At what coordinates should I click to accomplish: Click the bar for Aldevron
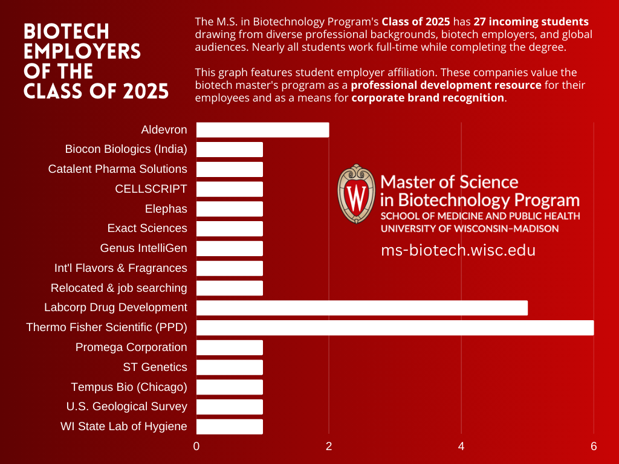[262, 129]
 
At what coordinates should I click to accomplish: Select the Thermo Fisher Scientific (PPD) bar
[395, 327]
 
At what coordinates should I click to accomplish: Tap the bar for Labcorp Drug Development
[361, 308]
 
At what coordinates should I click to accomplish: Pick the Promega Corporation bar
[230, 347]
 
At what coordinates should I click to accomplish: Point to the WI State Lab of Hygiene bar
[230, 427]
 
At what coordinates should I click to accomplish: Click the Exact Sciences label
[147, 228]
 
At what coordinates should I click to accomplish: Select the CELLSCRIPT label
[151, 189]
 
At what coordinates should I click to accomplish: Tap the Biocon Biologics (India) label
[126, 149]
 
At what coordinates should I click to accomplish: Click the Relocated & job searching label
[118, 288]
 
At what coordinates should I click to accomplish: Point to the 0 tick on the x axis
[196, 446]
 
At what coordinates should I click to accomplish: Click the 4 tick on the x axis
[461, 446]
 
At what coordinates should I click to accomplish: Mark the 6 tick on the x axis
[594, 446]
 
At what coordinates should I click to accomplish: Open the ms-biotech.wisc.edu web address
[458, 250]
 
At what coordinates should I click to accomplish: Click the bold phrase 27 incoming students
[531, 22]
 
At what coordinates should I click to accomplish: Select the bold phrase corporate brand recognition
[427, 97]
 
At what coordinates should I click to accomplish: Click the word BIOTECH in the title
[66, 31]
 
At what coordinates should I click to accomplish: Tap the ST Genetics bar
[230, 367]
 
